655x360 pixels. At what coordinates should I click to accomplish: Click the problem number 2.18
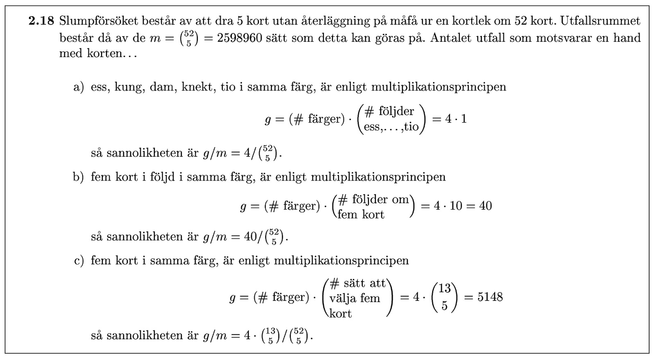click(x=41, y=21)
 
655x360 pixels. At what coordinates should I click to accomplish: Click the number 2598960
click(x=239, y=38)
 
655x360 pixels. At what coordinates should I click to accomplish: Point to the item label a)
click(x=78, y=87)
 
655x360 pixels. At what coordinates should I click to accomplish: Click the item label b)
click(x=78, y=177)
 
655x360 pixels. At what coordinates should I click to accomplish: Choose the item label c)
click(x=79, y=261)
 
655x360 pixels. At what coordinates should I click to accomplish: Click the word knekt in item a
click(x=199, y=87)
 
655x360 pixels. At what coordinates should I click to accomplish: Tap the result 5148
click(x=490, y=297)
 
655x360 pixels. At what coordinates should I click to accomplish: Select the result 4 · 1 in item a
click(x=456, y=119)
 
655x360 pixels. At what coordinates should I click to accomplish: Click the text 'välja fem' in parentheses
click(x=355, y=298)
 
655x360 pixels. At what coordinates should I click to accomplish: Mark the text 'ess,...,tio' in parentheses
click(x=391, y=127)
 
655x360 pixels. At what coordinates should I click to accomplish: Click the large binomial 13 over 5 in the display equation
click(x=444, y=297)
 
